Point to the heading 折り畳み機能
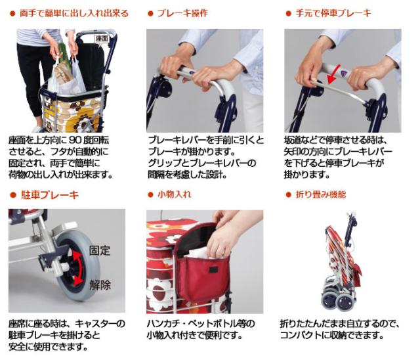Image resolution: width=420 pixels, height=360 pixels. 322,195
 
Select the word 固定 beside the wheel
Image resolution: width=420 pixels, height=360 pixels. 99,250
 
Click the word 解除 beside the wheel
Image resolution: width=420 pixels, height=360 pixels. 99,285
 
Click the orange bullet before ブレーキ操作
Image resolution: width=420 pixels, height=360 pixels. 150,13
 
